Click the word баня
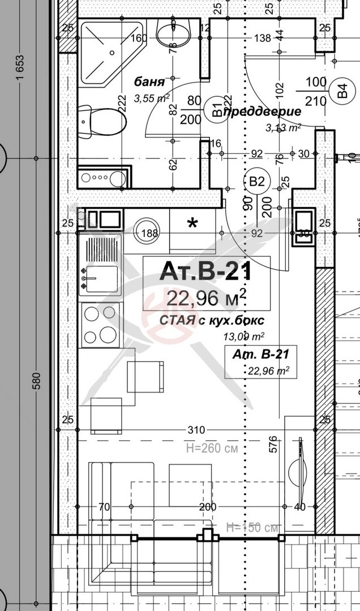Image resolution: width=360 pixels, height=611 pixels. (x=145, y=81)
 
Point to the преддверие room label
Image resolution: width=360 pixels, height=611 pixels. (x=262, y=112)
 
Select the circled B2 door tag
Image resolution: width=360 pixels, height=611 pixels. (x=258, y=182)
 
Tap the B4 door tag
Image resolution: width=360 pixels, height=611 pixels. (x=341, y=91)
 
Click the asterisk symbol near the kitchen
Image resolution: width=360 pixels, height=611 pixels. (x=192, y=223)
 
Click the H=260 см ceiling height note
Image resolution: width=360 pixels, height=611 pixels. (x=212, y=448)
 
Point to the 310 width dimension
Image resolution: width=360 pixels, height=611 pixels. (x=196, y=430)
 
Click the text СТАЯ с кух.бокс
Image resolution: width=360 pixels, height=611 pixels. (x=212, y=321)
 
